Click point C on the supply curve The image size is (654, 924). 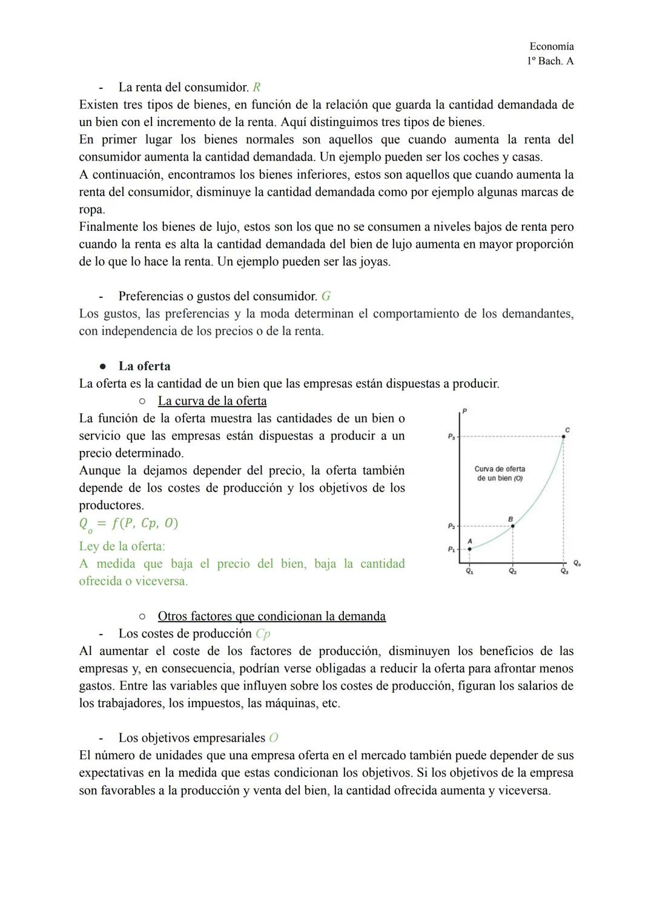(564, 436)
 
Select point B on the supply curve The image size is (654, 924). (513, 525)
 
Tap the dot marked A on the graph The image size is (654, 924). (470, 549)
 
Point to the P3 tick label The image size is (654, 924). (451, 436)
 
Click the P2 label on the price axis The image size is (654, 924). (451, 526)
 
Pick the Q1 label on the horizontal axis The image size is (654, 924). (470, 571)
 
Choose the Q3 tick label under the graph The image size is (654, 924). (564, 571)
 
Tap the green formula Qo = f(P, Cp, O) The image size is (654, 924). (128, 523)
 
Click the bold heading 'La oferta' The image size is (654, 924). (144, 366)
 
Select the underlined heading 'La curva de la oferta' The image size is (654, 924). (212, 401)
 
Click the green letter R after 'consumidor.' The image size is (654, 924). (257, 87)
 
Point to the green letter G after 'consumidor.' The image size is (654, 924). (326, 296)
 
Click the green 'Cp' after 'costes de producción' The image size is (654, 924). (263, 634)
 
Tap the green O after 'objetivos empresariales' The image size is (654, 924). (274, 738)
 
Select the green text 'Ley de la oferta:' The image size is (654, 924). (122, 546)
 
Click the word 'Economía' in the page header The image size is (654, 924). (551, 46)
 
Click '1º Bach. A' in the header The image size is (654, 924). (550, 61)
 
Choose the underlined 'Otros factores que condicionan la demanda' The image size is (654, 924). (271, 616)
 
